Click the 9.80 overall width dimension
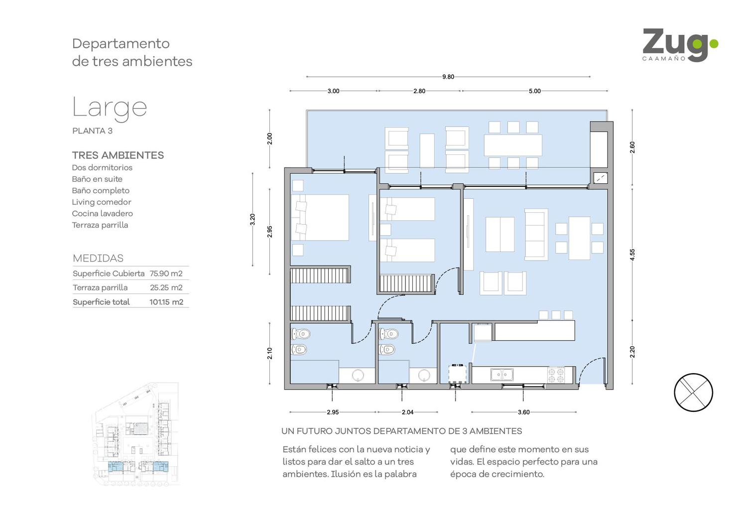point(448,77)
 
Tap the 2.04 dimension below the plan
point(407,412)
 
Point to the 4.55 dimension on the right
point(632,255)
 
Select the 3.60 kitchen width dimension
point(523,412)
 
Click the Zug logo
point(680,45)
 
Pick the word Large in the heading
point(110,108)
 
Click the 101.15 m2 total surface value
point(166,302)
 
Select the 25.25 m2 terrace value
point(166,287)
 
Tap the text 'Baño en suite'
point(97,179)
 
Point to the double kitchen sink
point(501,375)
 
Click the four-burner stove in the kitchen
point(556,375)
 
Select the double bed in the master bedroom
point(320,218)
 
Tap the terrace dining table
point(513,145)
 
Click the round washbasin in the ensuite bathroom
point(358,376)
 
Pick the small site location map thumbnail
point(136,433)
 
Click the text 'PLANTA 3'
point(92,131)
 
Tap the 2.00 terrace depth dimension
point(269,139)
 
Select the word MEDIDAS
point(98,258)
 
